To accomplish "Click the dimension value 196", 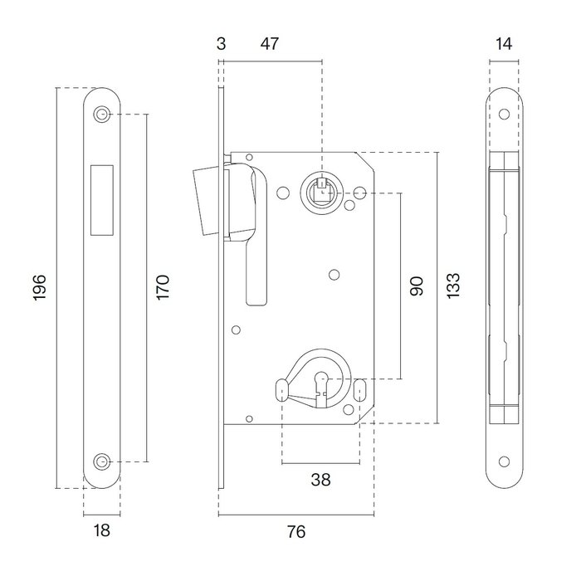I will click(x=40, y=286).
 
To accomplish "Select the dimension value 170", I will click(x=164, y=287).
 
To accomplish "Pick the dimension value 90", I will click(x=417, y=286).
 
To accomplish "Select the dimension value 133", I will click(x=453, y=286).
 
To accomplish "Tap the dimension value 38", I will click(x=321, y=480).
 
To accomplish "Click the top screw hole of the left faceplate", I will click(x=102, y=114).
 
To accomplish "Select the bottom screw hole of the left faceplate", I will click(x=102, y=460).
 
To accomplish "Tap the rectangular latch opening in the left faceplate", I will click(x=102, y=197).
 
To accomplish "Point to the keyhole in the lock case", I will click(x=321, y=386).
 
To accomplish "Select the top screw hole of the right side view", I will click(x=505, y=115).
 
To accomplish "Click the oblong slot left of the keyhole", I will click(x=281, y=387).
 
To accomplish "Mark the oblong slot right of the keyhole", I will click(x=361, y=387).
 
